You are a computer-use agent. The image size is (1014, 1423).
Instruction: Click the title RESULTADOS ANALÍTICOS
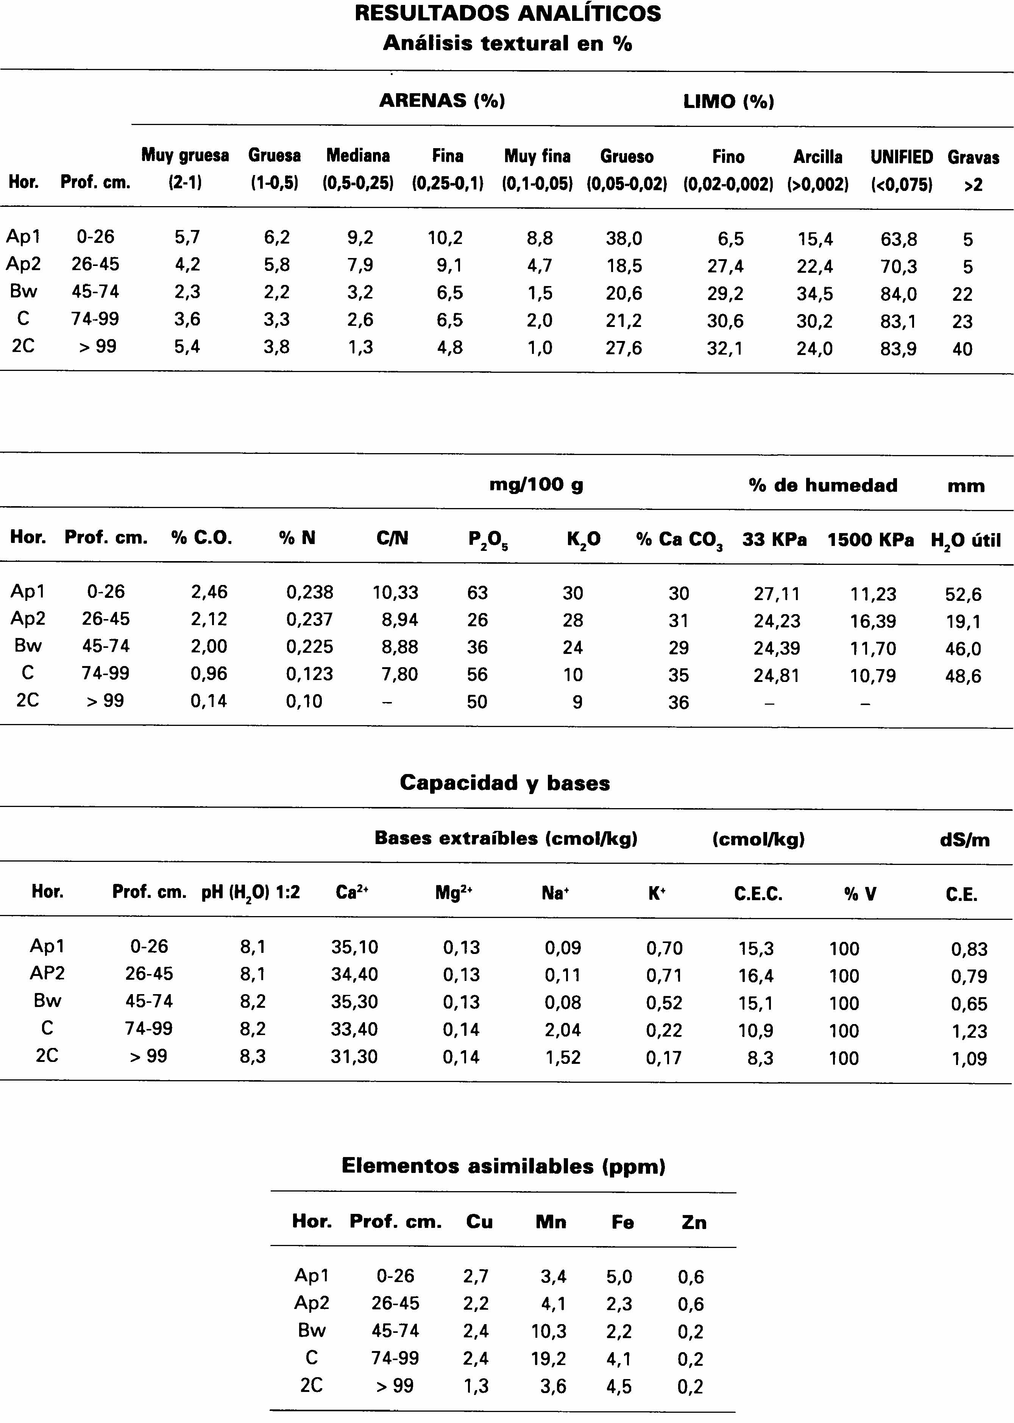508,14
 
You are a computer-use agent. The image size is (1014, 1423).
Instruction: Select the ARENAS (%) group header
442,100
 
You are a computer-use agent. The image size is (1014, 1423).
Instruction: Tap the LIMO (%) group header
729,101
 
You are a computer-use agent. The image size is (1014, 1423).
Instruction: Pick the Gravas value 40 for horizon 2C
962,349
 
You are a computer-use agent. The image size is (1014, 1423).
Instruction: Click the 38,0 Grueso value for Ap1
624,238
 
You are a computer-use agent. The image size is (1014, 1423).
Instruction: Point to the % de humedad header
823,485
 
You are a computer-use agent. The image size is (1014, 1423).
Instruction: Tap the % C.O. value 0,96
209,673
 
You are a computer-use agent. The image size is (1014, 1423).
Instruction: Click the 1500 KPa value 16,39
872,621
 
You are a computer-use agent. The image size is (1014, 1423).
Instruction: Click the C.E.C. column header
758,894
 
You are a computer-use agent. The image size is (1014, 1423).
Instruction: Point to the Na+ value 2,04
563,1029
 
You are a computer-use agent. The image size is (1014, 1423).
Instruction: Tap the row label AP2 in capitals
47,973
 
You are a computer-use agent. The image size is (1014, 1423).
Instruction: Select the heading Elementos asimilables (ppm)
503,1166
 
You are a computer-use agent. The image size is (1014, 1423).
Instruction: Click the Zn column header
694,1222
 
